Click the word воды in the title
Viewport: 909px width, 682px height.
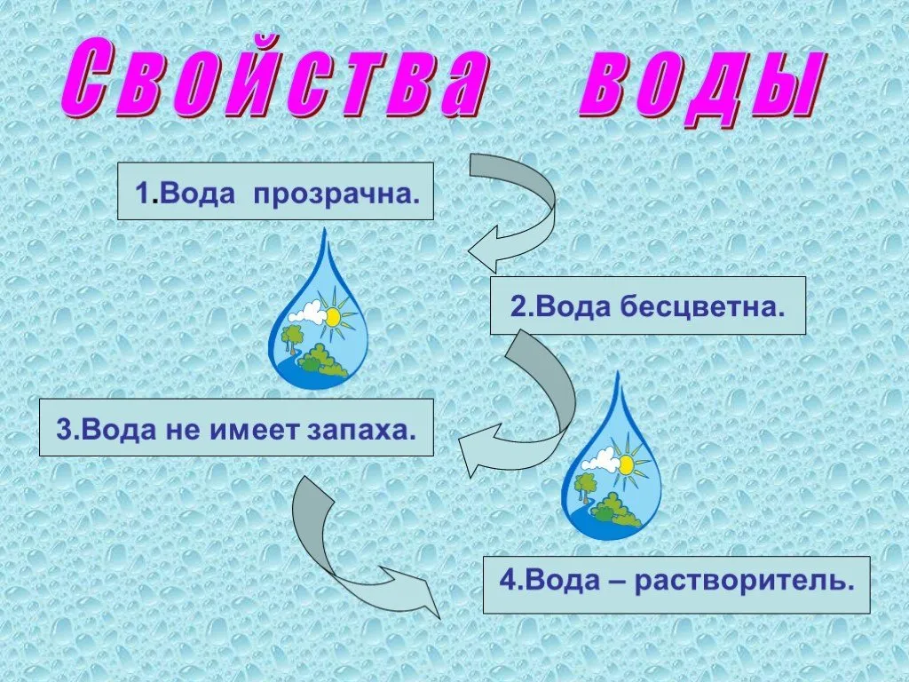(701, 87)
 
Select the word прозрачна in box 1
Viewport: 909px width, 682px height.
(336, 193)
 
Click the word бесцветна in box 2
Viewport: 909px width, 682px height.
(702, 306)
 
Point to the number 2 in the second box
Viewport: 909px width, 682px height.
(518, 306)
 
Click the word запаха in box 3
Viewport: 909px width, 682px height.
(361, 429)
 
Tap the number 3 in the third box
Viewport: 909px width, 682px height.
(64, 429)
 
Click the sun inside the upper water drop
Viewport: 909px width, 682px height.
(334, 317)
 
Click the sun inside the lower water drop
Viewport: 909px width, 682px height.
(626, 464)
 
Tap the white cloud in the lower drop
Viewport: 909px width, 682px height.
(600, 460)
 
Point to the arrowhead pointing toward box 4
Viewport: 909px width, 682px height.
(415, 591)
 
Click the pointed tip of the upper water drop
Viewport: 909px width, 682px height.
(326, 228)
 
